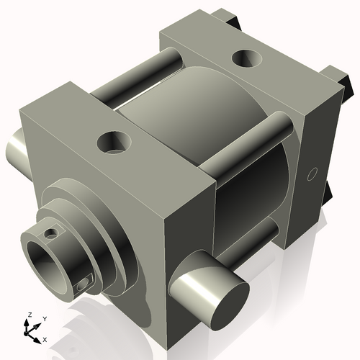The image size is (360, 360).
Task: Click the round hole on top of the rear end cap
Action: (246, 58)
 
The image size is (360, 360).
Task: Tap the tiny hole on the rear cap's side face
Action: (312, 173)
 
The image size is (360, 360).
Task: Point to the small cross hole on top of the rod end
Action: (50, 233)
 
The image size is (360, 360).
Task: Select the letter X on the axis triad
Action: (45, 338)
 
